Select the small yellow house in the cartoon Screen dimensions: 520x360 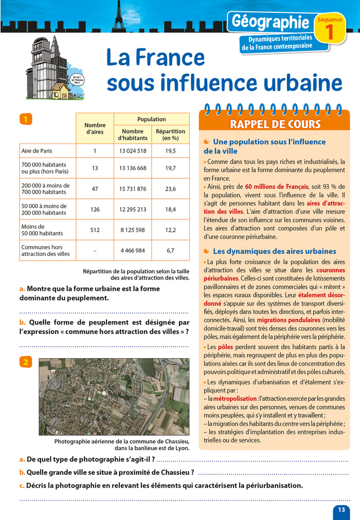[x=60, y=91]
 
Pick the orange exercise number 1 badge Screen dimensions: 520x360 [x=26, y=119]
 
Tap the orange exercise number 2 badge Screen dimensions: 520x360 [x=26, y=362]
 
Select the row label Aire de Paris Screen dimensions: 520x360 [x=37, y=151]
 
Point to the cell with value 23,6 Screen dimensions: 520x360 [x=170, y=189]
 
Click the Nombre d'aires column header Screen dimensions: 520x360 [x=95, y=128]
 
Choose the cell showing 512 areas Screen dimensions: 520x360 [x=95, y=230]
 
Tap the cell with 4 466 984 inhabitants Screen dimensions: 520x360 [x=133, y=251]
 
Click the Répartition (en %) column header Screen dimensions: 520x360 [x=170, y=135]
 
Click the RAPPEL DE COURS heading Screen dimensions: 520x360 [x=275, y=124]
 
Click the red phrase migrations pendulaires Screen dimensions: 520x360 [x=292, y=319]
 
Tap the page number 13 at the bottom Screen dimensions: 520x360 [x=341, y=509]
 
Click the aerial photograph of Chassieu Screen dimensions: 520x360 [x=114, y=397]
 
